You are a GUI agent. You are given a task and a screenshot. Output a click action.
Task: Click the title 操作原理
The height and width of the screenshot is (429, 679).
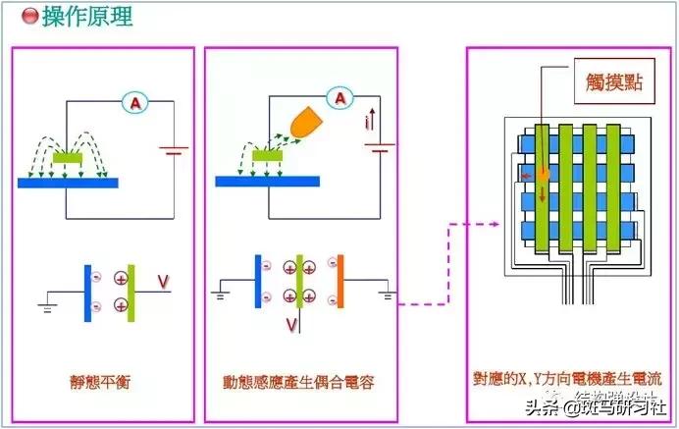pyautogui.click(x=87, y=16)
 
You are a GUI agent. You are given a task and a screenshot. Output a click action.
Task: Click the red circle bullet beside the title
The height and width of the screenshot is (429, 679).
pyautogui.click(x=29, y=17)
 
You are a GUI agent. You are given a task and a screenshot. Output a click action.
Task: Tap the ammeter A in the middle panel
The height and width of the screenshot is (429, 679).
pyautogui.click(x=339, y=98)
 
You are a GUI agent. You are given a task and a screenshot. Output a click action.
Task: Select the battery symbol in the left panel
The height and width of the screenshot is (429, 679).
pyautogui.click(x=175, y=151)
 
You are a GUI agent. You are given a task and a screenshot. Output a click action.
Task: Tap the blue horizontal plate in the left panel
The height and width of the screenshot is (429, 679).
pyautogui.click(x=68, y=183)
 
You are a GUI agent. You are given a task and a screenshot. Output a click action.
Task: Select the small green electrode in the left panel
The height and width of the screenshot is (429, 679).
pyautogui.click(x=68, y=156)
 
